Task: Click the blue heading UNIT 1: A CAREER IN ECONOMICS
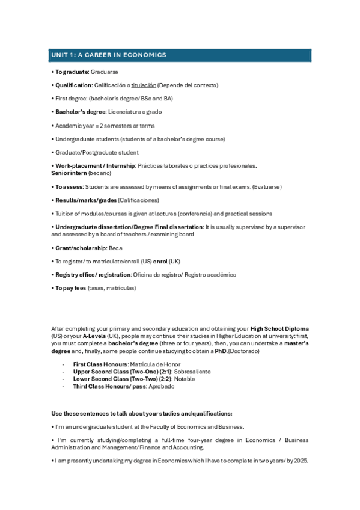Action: tap(108, 55)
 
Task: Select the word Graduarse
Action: tap(105, 72)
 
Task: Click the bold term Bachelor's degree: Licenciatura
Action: tap(80, 112)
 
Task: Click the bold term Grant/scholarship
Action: tap(81, 247)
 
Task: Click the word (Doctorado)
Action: tap(244, 351)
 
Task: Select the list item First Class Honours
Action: tap(100, 364)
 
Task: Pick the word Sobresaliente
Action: tap(192, 372)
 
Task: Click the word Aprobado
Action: tap(162, 386)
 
